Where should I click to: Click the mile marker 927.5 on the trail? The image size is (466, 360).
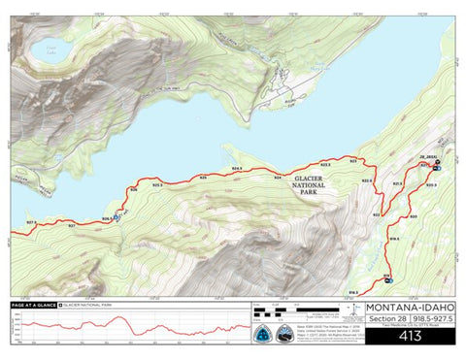30,223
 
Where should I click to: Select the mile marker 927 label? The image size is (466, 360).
71,224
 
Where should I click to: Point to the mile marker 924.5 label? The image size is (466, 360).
236,169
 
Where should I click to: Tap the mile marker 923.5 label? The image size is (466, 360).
325,165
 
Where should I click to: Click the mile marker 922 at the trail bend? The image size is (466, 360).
377,215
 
